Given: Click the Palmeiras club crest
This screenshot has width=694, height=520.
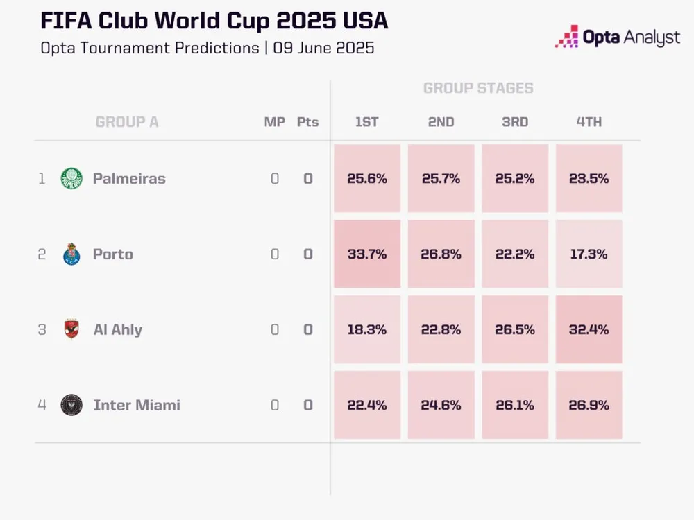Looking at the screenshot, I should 71,178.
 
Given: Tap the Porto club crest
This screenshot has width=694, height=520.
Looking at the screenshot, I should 71,254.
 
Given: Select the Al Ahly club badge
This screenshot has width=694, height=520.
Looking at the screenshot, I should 71,329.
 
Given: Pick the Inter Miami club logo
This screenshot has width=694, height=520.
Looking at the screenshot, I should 71,405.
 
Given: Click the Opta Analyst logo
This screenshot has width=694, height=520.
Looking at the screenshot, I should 617,37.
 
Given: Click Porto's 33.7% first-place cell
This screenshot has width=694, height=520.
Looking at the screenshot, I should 367,254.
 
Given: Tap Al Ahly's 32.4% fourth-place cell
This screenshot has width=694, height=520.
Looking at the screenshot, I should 589,329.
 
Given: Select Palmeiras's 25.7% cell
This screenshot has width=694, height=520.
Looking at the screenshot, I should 441,178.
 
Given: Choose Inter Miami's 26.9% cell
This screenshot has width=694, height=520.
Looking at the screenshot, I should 589,405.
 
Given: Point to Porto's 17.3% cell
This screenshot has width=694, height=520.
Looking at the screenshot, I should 589,254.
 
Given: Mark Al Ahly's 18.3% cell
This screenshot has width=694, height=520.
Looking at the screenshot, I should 367,329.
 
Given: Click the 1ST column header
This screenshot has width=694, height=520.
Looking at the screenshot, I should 367,122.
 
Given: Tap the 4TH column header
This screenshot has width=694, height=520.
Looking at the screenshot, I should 589,122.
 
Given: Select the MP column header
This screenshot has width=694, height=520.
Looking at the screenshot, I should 275,122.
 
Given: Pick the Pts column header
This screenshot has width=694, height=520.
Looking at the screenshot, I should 307,122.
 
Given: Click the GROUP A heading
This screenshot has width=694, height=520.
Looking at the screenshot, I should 127,122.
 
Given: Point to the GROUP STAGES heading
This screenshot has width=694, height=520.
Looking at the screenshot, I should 478,88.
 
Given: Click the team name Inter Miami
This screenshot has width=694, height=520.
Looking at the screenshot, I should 137,405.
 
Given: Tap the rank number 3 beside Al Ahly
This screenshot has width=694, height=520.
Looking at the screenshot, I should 42,329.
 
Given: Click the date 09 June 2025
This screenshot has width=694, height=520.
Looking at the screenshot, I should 323,48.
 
